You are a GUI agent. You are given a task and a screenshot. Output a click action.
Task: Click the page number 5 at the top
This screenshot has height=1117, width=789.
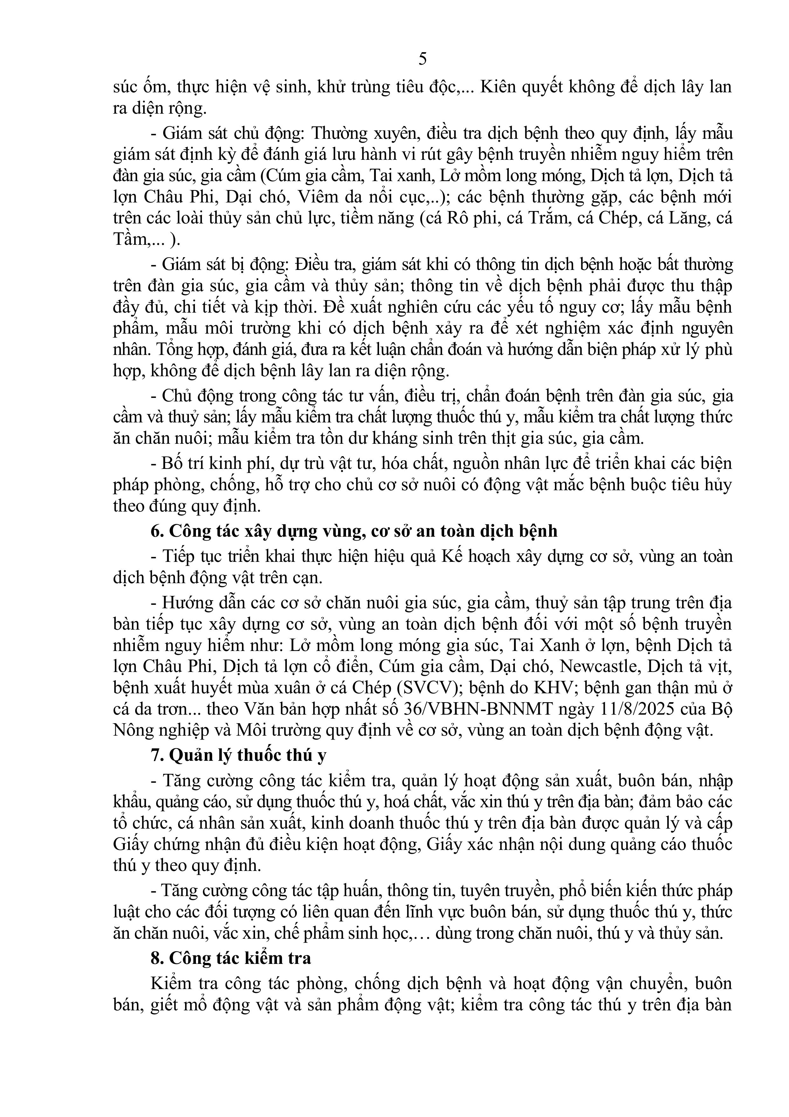[422, 59]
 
